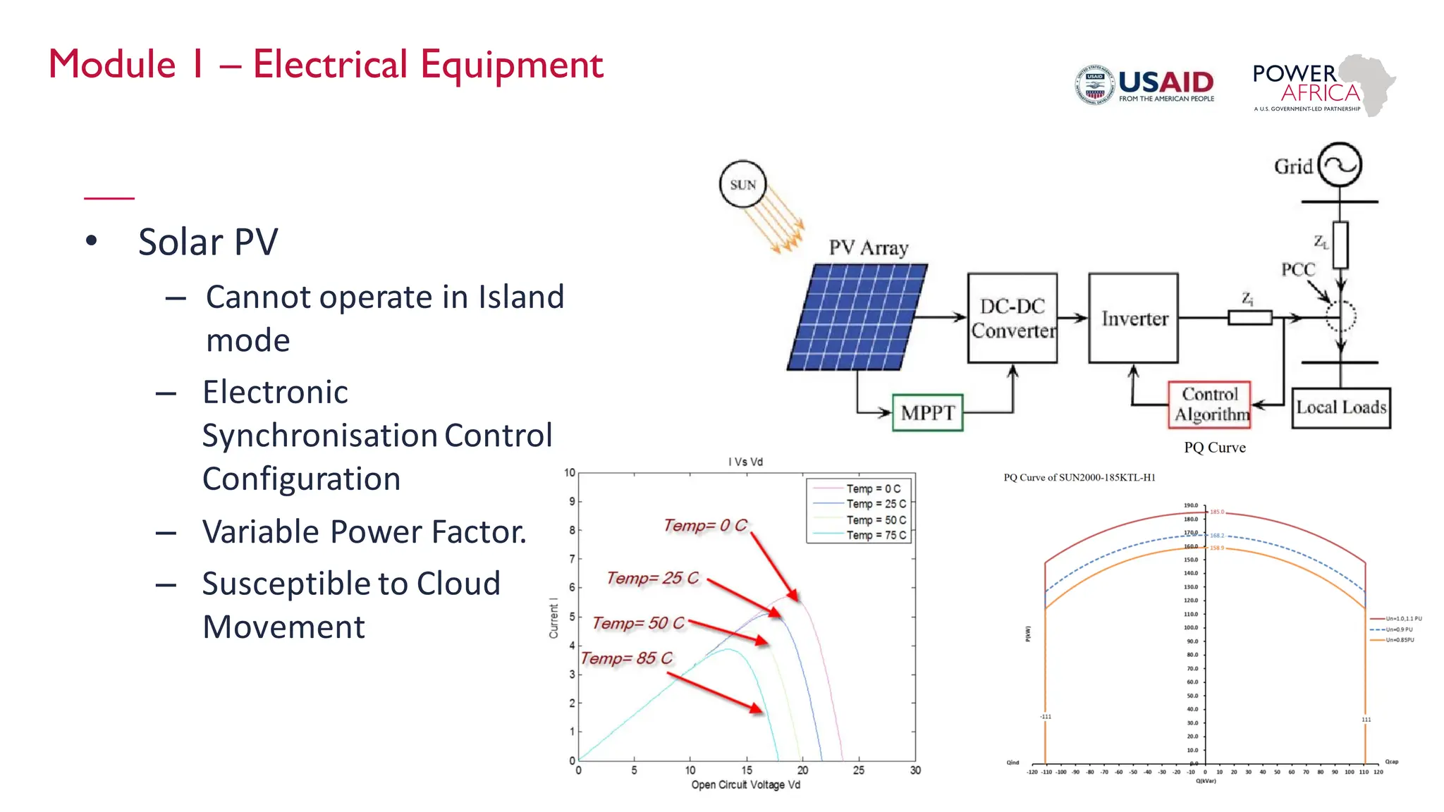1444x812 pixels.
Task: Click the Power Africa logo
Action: pyautogui.click(x=1323, y=85)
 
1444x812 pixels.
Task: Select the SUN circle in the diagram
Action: pyautogui.click(x=742, y=185)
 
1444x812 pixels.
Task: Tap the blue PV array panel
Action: pyautogui.click(x=857, y=316)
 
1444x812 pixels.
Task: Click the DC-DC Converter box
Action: pyautogui.click(x=1012, y=318)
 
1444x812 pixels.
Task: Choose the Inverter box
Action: pyautogui.click(x=1133, y=318)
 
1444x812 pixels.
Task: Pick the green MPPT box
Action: pyautogui.click(x=927, y=412)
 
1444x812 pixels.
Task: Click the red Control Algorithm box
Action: pyautogui.click(x=1210, y=404)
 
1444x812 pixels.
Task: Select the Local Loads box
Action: pyautogui.click(x=1340, y=407)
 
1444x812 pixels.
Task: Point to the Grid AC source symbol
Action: pyautogui.click(x=1340, y=165)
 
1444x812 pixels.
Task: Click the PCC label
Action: pyautogui.click(x=1297, y=269)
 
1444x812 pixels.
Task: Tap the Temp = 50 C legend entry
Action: pyautogui.click(x=876, y=519)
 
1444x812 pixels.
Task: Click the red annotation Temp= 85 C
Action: pyautogui.click(x=626, y=658)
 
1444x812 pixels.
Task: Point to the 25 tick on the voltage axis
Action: pyautogui.click(x=858, y=770)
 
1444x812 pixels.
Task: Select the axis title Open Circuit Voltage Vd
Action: pyautogui.click(x=745, y=785)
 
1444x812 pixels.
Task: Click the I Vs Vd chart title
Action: pyautogui.click(x=745, y=462)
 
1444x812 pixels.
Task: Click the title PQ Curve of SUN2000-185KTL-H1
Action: pyautogui.click(x=1079, y=477)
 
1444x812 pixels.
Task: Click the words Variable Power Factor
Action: pyautogui.click(x=364, y=531)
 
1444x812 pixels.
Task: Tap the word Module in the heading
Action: pyautogui.click(x=112, y=65)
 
